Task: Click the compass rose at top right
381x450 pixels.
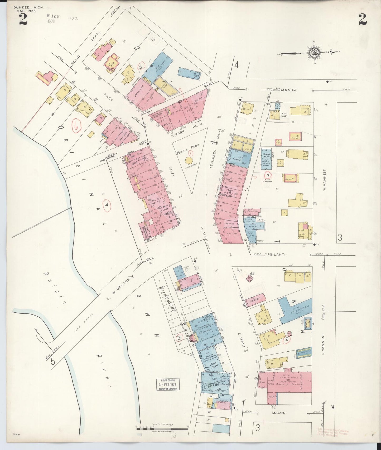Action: pyautogui.click(x=314, y=52)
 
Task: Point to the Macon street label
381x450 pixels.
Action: pyautogui.click(x=279, y=413)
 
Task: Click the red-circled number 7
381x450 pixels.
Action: pyautogui.click(x=268, y=176)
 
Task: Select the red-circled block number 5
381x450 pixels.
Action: pyautogui.click(x=141, y=67)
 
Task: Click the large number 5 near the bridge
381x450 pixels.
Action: pyautogui.click(x=53, y=362)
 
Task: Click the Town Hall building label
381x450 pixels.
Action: pyautogui.click(x=123, y=134)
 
